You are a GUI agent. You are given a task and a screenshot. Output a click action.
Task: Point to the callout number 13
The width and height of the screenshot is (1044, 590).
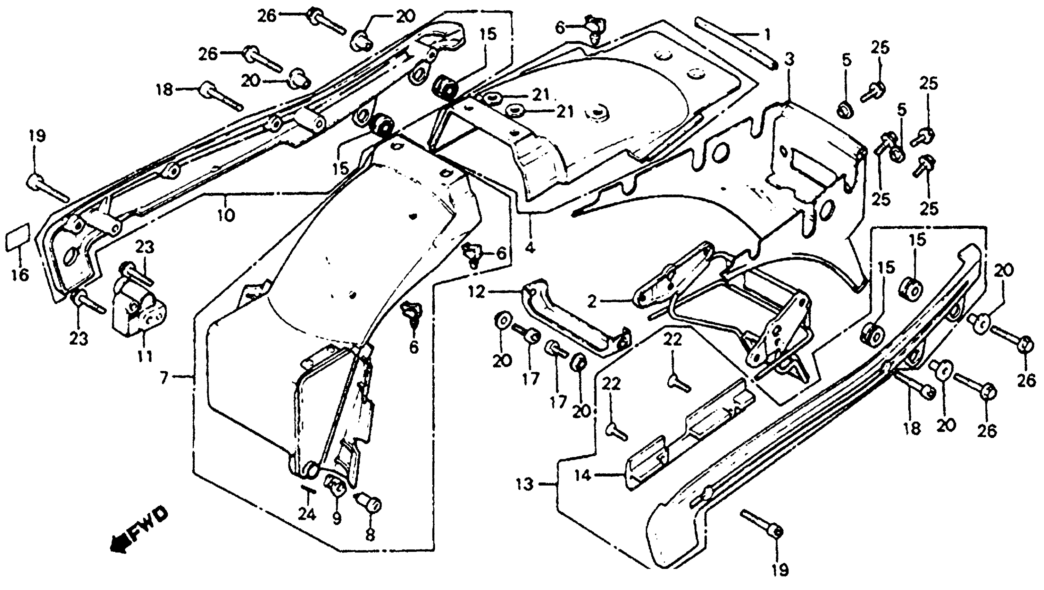click(525, 484)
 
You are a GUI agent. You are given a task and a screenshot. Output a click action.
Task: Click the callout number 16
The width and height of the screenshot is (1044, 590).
click(20, 275)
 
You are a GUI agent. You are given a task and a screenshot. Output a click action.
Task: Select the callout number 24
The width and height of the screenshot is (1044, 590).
click(307, 514)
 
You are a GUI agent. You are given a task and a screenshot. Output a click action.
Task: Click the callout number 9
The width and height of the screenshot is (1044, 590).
click(337, 519)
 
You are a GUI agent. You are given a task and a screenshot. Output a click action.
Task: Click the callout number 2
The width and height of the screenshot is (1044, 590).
click(592, 302)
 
